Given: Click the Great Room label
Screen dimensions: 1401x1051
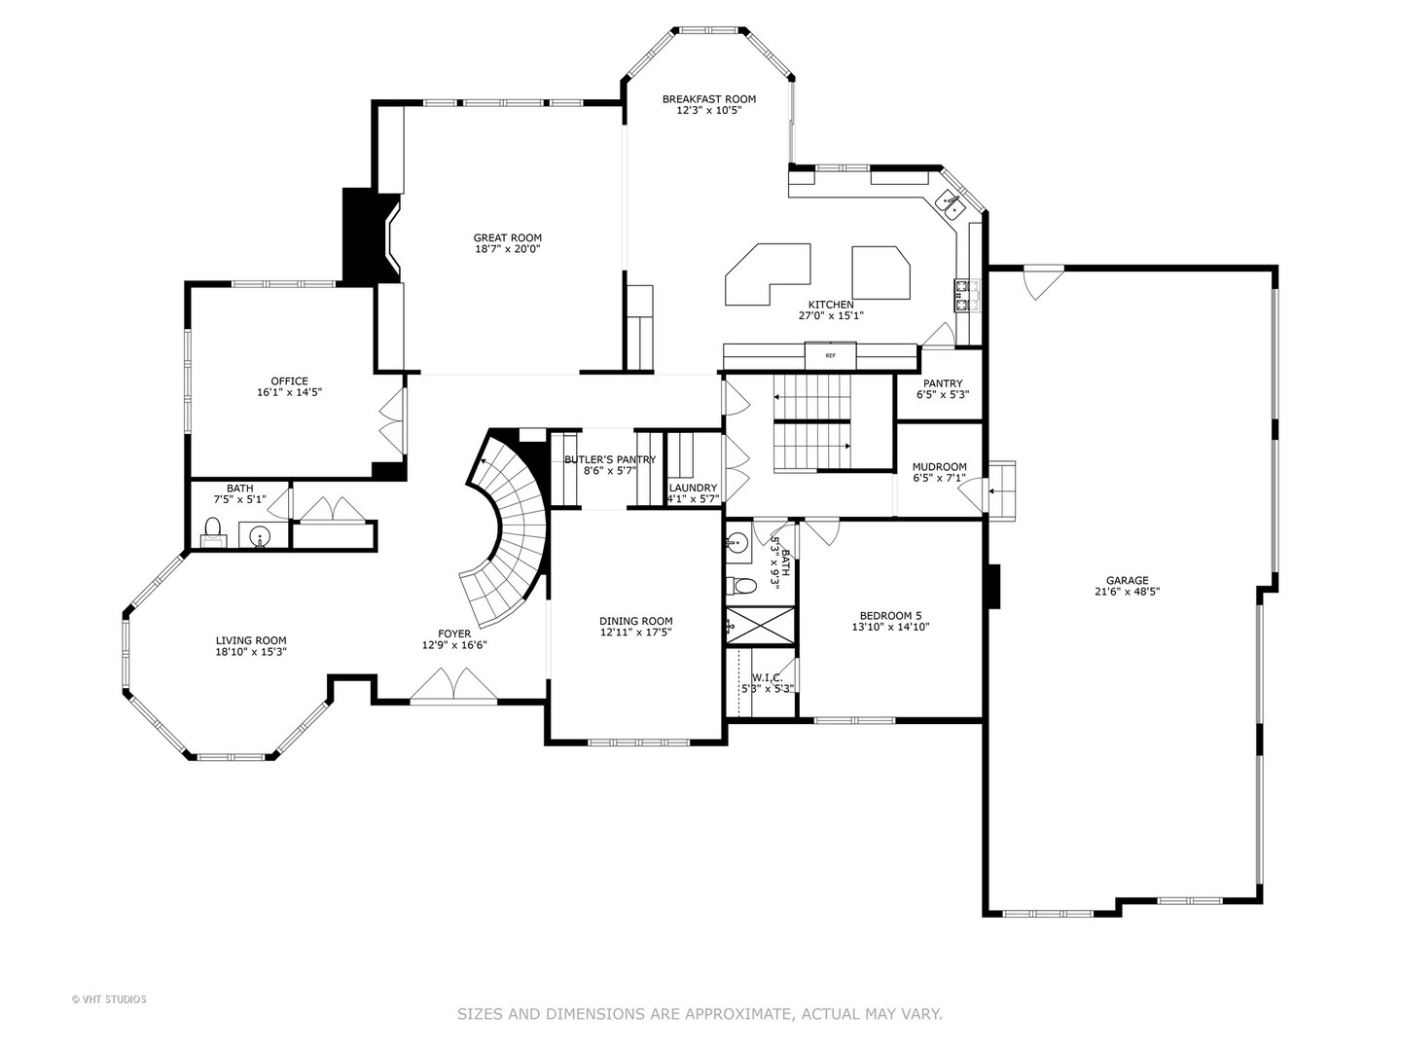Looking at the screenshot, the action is coord(508,238).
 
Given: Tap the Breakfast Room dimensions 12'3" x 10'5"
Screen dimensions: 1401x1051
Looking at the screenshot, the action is coord(709,110).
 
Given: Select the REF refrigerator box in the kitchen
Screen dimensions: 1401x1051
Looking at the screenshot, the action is coord(831,355).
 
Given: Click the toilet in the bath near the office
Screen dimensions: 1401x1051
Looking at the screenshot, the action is coord(212,531).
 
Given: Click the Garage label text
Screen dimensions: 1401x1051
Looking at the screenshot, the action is coord(1128,581).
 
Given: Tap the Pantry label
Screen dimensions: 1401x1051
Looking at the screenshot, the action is coord(943,383).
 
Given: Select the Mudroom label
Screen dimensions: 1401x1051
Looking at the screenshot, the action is coord(940,467).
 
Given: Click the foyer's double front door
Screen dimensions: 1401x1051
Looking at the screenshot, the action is coord(453,685).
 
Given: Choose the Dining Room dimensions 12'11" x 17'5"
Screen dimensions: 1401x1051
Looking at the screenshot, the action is coord(635,633).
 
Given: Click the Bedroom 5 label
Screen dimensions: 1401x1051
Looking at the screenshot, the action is coord(890,616).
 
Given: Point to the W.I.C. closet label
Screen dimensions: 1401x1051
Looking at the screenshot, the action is coord(767,677).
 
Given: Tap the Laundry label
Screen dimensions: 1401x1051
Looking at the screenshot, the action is coord(693,489).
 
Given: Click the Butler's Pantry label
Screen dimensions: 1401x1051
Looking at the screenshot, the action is coord(610,459).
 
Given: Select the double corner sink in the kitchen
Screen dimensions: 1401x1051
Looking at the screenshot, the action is coord(951,205).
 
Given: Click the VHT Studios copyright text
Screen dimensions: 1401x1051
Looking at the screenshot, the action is coord(109,999).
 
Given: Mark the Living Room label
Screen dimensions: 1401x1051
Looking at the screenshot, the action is coord(251,640).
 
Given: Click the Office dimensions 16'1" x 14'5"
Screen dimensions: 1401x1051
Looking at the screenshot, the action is coord(289,392).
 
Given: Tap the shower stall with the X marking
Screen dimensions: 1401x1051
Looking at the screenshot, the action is coord(761,626).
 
